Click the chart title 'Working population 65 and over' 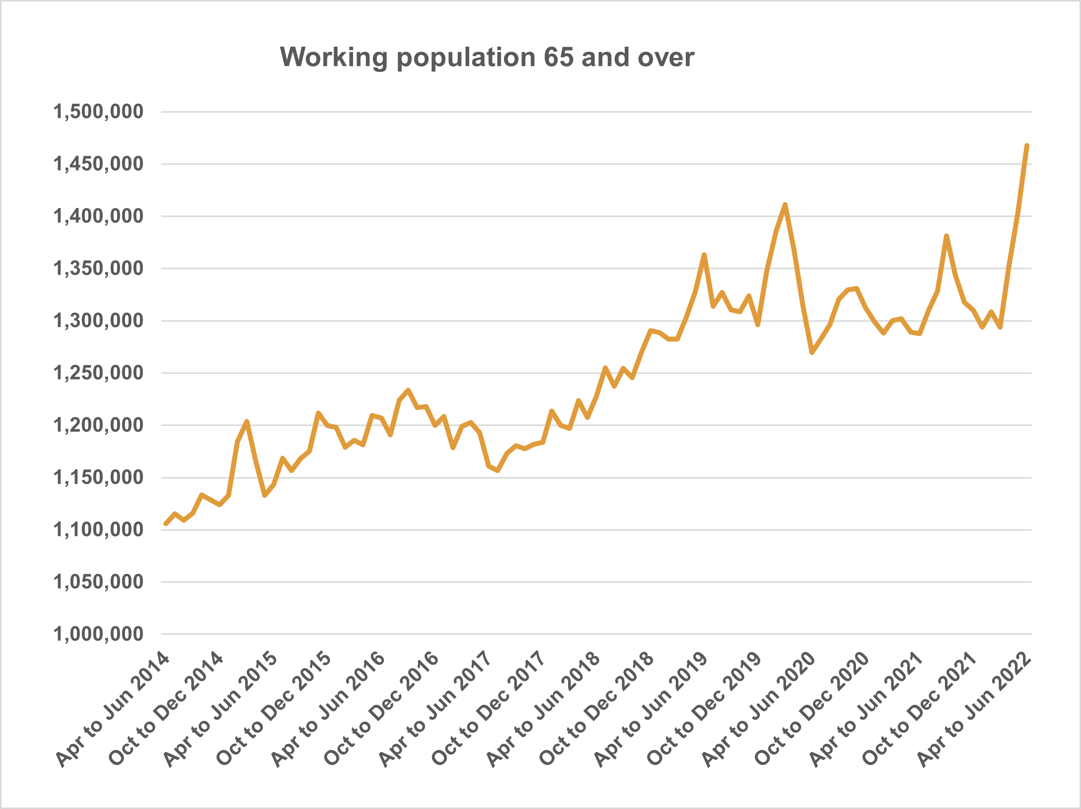pos(487,58)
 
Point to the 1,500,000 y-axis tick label pos(98,112)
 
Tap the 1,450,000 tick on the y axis pos(98,164)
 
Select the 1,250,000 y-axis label pos(98,373)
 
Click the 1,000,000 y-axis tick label pos(98,634)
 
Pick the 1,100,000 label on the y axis pos(98,530)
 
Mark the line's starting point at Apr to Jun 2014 pos(166,524)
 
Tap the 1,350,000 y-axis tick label pos(98,269)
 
